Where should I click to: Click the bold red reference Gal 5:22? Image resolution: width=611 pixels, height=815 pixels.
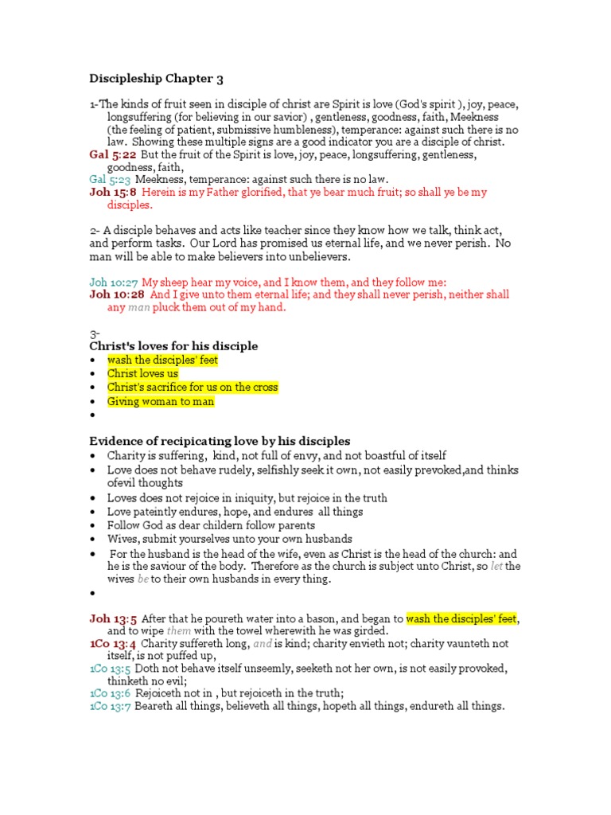(112, 154)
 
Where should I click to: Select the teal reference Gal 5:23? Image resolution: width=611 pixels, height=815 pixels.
(110, 180)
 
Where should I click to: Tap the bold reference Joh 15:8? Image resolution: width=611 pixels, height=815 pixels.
(112, 193)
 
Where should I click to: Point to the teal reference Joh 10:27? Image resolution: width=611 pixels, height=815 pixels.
(114, 282)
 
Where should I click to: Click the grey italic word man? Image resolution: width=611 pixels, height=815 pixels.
(138, 307)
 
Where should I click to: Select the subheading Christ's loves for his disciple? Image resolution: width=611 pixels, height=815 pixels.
(173, 346)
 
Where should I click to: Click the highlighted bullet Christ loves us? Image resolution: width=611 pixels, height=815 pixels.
(143, 373)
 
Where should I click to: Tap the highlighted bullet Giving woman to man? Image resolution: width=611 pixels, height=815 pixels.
(161, 401)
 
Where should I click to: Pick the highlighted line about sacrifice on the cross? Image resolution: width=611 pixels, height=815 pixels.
(193, 388)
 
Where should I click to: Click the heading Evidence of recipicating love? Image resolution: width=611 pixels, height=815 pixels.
(219, 441)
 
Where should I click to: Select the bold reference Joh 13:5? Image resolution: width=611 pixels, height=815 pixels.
(111, 618)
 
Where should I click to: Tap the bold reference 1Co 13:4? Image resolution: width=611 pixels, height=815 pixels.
(112, 643)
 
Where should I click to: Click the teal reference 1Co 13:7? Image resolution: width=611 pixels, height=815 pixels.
(111, 707)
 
